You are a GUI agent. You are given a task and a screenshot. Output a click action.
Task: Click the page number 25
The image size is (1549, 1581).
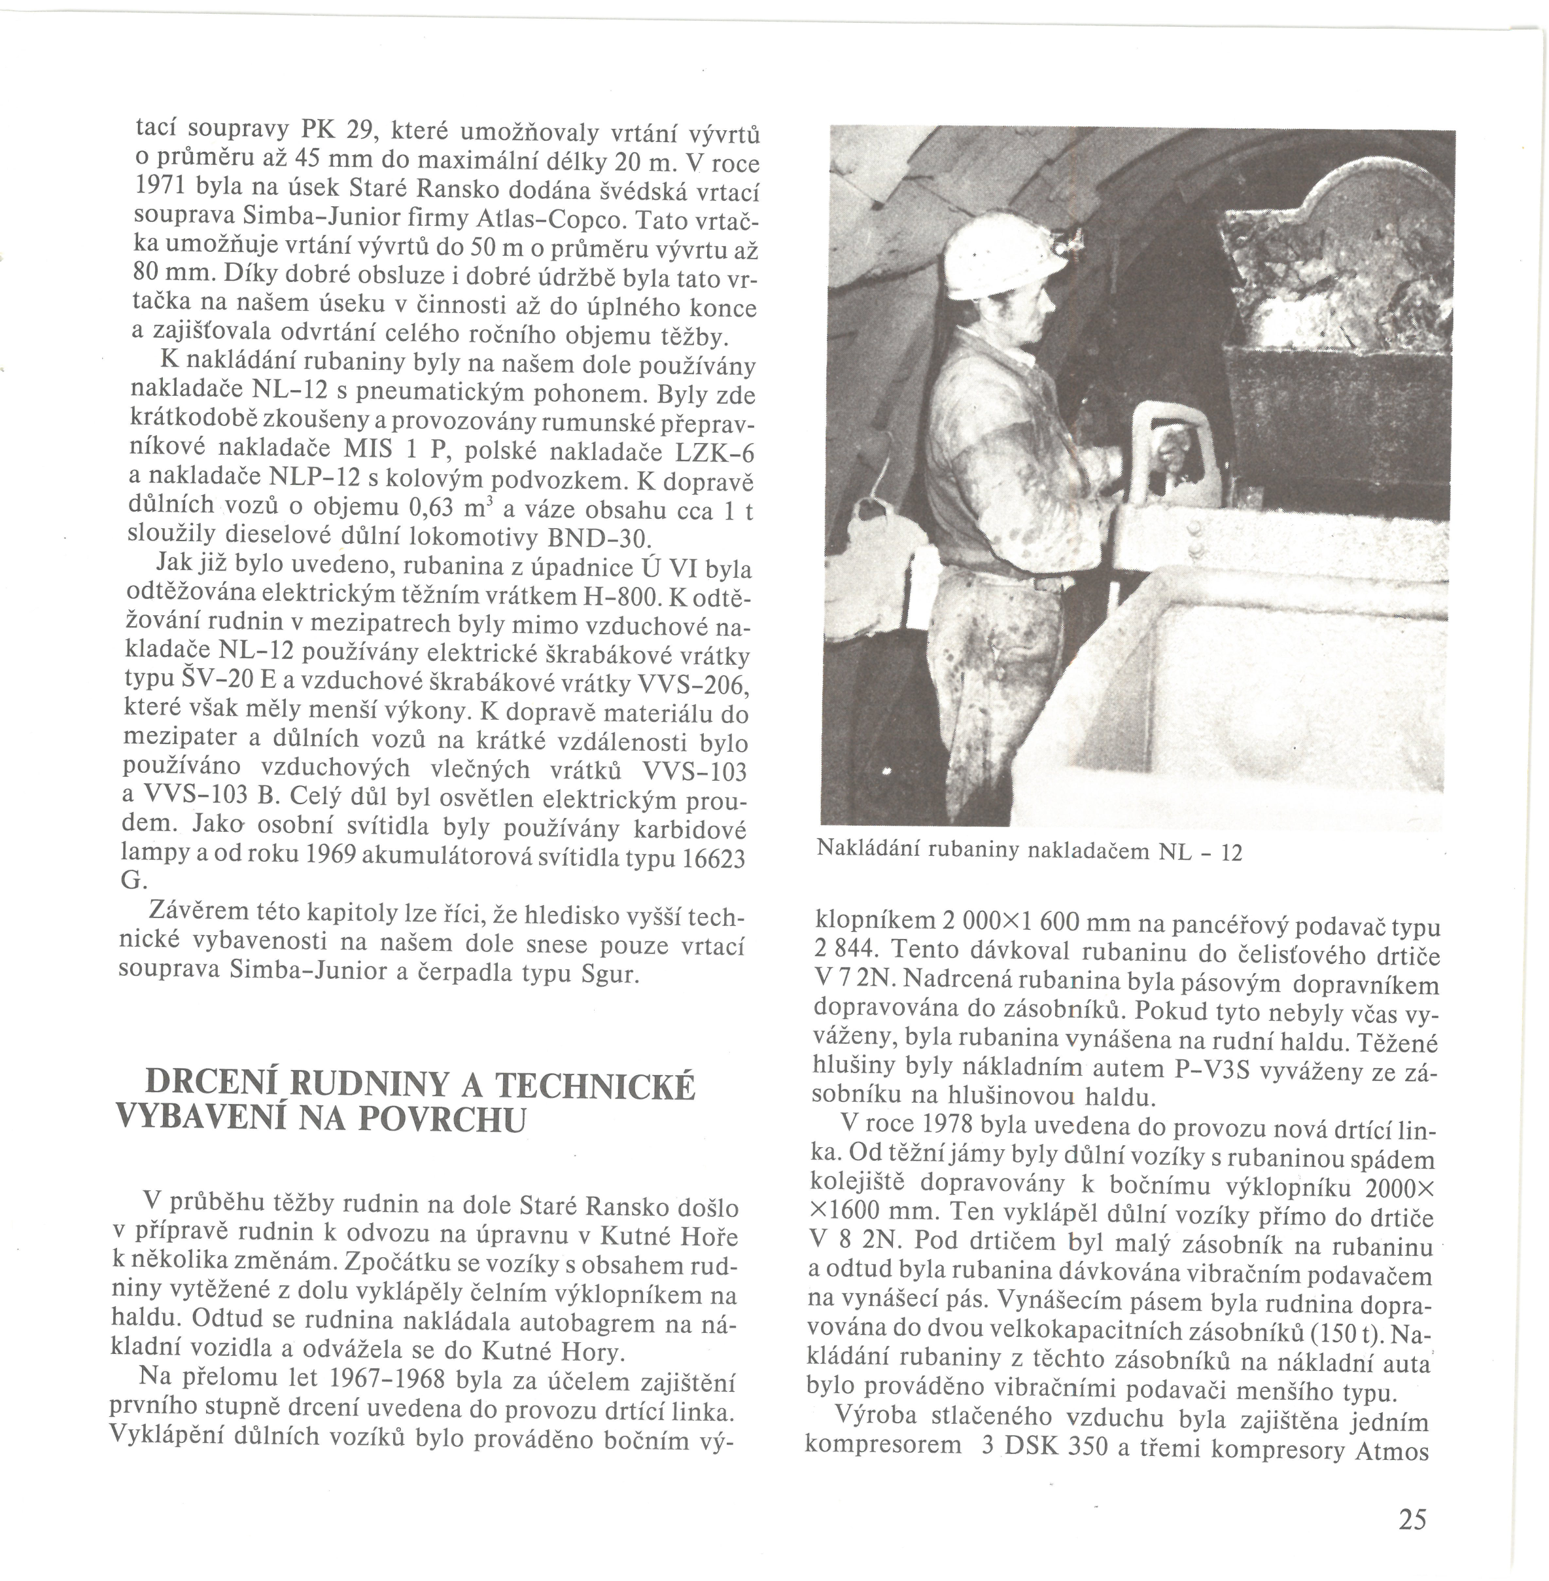click(1413, 1519)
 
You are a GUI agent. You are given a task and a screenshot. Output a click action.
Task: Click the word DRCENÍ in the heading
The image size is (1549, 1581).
click(213, 1085)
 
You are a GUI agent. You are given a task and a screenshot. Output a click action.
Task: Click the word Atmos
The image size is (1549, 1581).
click(1391, 1451)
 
